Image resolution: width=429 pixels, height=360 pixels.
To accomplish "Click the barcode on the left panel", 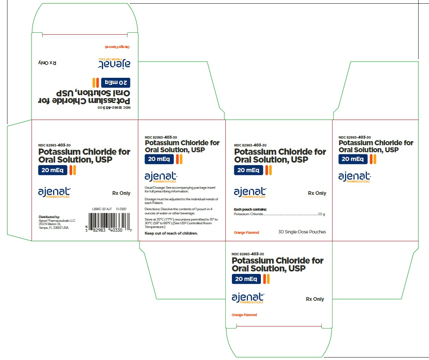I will [108, 225].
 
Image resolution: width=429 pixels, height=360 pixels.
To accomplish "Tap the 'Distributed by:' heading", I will [49, 217].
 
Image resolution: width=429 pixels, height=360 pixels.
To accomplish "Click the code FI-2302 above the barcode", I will [121, 209].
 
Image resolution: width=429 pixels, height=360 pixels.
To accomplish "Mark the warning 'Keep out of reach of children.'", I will [171, 233].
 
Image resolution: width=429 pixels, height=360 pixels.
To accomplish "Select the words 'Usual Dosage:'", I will [154, 187].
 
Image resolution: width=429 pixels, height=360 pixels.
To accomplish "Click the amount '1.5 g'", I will [321, 214].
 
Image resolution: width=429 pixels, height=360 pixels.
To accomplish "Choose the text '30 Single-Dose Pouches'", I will [302, 232].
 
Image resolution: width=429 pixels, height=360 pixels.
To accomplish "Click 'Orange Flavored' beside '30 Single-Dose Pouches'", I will [246, 233].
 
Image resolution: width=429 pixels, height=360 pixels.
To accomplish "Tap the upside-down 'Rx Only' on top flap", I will [47, 63].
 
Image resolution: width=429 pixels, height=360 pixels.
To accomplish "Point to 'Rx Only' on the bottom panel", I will [315, 299].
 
